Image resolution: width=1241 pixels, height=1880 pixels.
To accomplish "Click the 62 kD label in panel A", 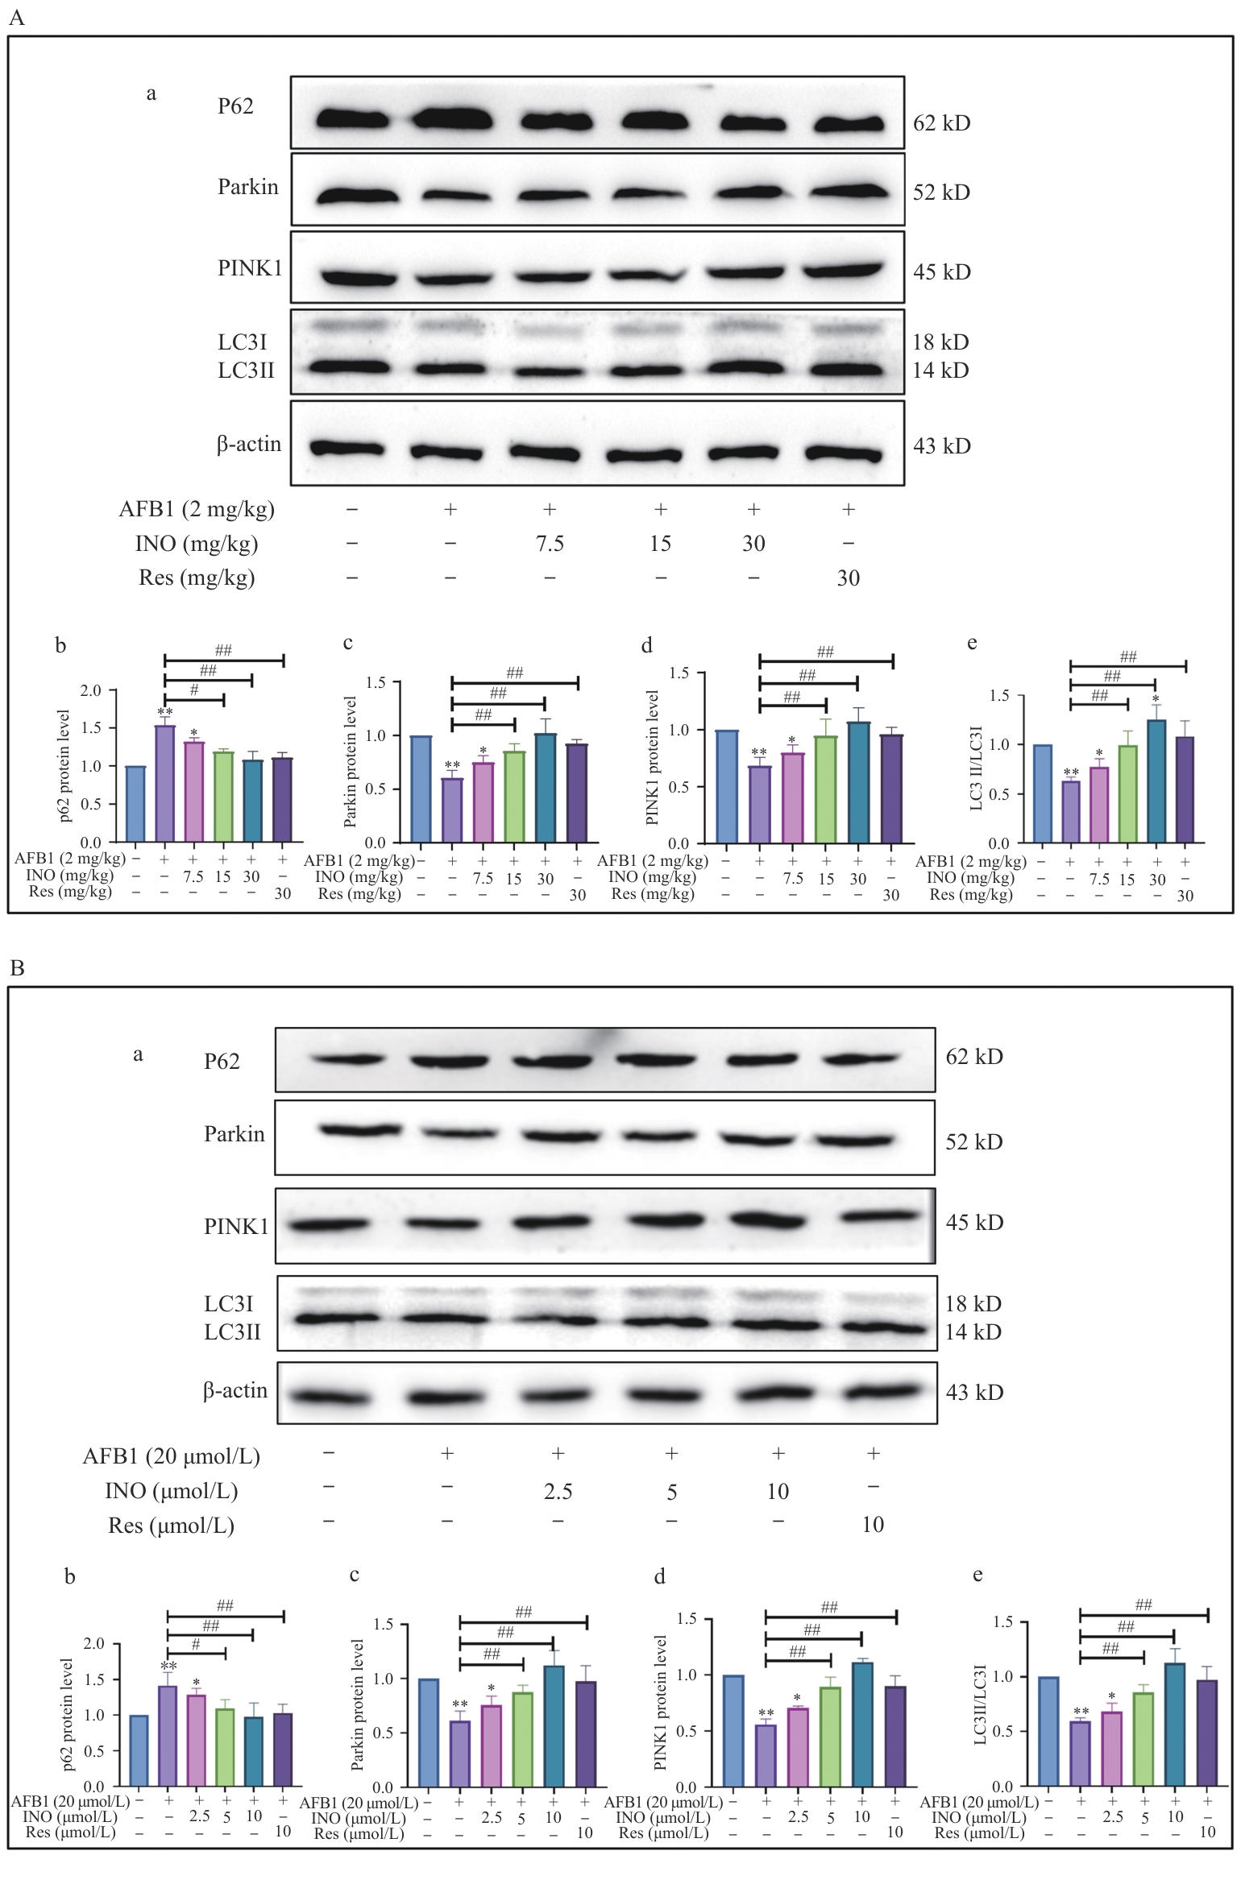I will pyautogui.click(x=940, y=123).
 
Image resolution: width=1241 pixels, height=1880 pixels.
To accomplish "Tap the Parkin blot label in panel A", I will pyautogui.click(x=247, y=187).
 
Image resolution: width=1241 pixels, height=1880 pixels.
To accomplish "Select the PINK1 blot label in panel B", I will pyautogui.click(x=235, y=1226).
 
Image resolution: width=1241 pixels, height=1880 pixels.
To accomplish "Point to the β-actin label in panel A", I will pyautogui.click(x=248, y=444).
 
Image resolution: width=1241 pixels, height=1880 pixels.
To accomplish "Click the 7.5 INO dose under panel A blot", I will pyautogui.click(x=550, y=544).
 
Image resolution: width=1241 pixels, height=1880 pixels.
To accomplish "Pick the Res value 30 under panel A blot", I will pyautogui.click(x=848, y=578).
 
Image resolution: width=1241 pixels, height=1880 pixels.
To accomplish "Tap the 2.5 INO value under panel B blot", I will pyautogui.click(x=558, y=1492).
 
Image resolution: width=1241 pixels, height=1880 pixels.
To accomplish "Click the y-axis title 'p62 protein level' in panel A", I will pyautogui.click(x=64, y=766).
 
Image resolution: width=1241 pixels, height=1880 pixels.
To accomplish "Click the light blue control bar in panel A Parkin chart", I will pyautogui.click(x=421, y=789).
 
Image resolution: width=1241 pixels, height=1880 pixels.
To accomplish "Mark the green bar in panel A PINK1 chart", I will pyautogui.click(x=825, y=789).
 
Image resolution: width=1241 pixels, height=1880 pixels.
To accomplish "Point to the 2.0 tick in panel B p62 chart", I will pyautogui.click(x=94, y=1644).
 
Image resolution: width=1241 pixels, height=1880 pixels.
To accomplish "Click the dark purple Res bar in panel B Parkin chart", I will pyautogui.click(x=586, y=1733).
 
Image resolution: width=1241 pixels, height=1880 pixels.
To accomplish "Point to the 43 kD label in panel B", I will pyautogui.click(x=974, y=1392).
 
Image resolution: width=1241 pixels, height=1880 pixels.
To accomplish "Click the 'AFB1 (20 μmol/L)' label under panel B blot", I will pyautogui.click(x=171, y=1456).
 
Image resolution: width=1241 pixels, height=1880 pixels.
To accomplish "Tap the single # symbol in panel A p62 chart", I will pyautogui.click(x=194, y=690).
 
